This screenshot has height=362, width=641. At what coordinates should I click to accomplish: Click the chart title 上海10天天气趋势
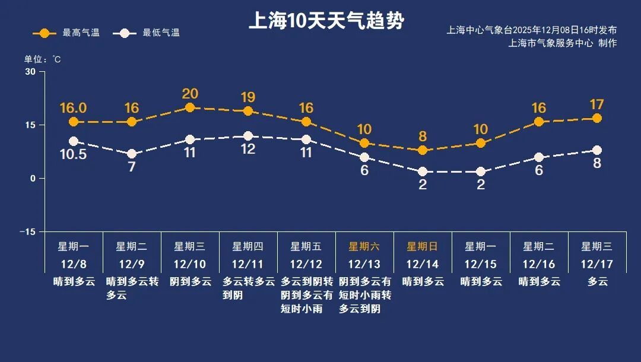326,21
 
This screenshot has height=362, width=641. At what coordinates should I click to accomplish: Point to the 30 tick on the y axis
30,72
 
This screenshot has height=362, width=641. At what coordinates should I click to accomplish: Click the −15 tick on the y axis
27,231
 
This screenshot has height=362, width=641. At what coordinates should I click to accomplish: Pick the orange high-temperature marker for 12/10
190,107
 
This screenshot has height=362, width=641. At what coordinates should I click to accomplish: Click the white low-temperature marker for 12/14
423,172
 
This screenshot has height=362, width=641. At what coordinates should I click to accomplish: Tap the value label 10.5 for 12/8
74,154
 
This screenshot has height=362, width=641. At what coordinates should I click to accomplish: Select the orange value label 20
190,93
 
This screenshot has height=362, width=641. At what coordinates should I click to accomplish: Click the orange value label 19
248,97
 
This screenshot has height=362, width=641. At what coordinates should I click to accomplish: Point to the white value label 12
248,149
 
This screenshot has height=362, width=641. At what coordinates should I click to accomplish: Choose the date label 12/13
364,264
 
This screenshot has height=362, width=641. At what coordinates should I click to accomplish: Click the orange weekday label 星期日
423,246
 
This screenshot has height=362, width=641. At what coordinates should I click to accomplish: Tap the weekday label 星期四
248,246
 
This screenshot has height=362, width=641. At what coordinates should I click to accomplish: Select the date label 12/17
597,264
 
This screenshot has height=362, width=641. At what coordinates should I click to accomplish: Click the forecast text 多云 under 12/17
597,282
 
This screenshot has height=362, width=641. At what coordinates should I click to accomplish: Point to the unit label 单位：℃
42,59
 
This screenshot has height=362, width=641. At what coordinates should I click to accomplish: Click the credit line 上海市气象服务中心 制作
563,43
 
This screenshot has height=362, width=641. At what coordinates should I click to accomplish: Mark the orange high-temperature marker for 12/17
597,118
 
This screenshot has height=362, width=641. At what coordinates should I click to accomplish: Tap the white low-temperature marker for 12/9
132,154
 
